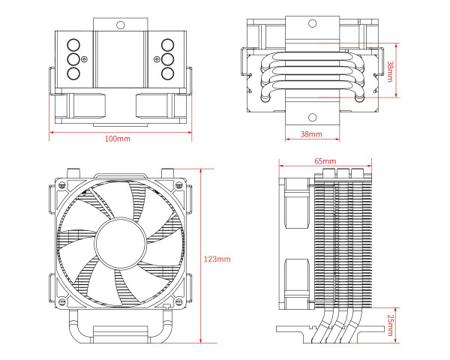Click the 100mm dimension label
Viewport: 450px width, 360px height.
click(118, 139)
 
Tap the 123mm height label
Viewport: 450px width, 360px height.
click(217, 259)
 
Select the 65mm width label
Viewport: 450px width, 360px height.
click(325, 161)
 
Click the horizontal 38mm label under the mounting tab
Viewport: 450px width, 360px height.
click(310, 134)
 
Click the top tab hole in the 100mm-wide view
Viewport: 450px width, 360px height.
click(118, 24)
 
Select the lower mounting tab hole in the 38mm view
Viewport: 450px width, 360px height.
click(312, 118)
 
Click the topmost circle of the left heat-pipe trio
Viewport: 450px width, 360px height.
click(73, 43)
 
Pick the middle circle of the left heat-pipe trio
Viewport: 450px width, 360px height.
click(73, 58)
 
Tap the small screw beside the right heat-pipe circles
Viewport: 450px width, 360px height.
click(156, 58)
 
